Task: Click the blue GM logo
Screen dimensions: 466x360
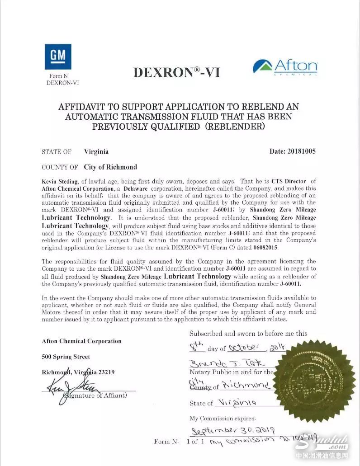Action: pyautogui.click(x=58, y=56)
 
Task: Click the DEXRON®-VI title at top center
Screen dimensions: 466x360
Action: pyautogui.click(x=176, y=71)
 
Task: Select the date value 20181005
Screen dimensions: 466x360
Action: pyautogui.click(x=301, y=151)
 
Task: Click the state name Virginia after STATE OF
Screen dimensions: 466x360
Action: pyautogui.click(x=96, y=151)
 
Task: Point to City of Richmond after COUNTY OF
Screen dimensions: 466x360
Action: pyautogui.click(x=110, y=167)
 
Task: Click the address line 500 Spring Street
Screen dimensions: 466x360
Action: pyautogui.click(x=66, y=357)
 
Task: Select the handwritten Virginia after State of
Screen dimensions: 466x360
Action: pyautogui.click(x=237, y=402)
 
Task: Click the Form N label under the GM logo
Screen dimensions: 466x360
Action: pyautogui.click(x=59, y=76)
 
